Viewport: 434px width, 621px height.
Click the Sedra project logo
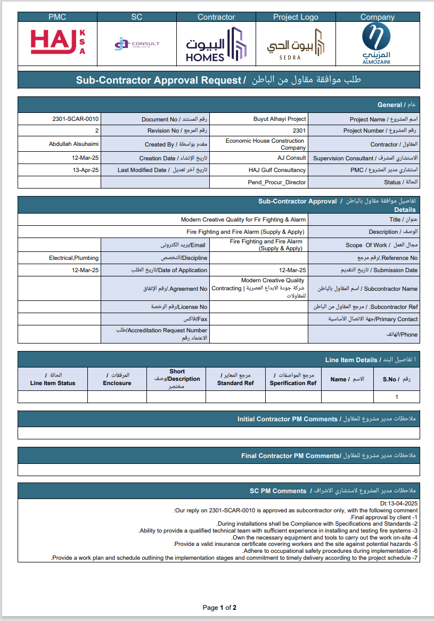[296, 44]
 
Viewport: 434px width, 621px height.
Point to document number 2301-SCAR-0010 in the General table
[76, 119]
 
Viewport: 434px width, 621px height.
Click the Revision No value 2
[97, 130]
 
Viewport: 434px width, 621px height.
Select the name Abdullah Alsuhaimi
[73, 144]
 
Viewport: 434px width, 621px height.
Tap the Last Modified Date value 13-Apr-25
[86, 170]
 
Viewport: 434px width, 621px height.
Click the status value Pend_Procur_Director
[277, 182]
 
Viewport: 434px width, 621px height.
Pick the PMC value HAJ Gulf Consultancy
[277, 170]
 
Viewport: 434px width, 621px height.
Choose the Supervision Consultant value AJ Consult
[292, 158]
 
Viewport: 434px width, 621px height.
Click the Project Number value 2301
[299, 130]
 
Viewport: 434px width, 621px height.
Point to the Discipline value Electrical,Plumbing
[74, 258]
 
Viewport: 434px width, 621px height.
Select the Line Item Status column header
[53, 379]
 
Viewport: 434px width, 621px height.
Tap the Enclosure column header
[117, 379]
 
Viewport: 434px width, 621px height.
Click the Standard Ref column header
[235, 379]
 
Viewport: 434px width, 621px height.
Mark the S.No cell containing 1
[396, 397]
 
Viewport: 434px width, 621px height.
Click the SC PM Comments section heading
[277, 491]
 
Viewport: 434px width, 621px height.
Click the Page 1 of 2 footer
[219, 607]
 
